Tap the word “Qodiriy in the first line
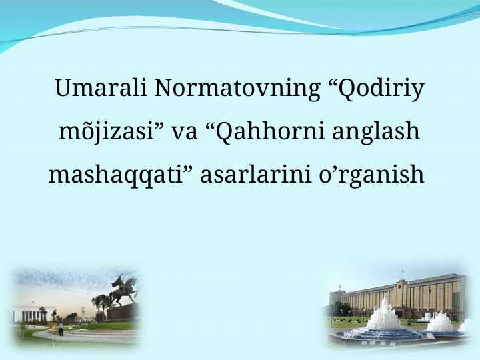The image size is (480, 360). coord(377,88)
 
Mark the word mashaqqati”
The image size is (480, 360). coord(120,175)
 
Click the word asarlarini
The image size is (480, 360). coord(247,175)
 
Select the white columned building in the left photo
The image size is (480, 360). coord(30,314)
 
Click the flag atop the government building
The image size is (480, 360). coord(402,273)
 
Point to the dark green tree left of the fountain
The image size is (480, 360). coord(343,309)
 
